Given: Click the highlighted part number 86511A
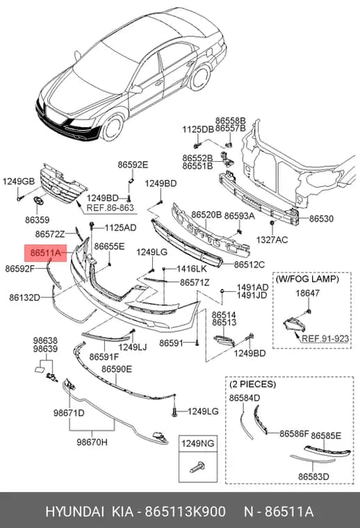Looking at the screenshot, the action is [45, 253].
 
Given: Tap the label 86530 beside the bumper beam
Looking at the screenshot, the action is [321, 219].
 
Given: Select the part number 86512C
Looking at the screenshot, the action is [249, 265].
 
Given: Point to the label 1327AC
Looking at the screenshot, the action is [272, 240].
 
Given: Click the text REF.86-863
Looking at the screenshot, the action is [110, 208].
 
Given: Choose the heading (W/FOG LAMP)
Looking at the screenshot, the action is [307, 279].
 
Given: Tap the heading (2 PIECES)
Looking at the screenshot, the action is [252, 384].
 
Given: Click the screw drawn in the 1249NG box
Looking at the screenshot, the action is [197, 467].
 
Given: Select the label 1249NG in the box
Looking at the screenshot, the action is [197, 443].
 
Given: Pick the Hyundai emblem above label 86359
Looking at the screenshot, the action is [39, 200].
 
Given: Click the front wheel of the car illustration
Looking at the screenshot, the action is [113, 128].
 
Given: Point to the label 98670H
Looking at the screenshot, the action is [92, 442].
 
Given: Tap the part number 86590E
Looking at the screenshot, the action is [117, 370].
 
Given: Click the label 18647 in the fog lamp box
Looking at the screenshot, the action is [307, 293].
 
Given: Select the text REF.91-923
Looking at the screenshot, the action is [325, 338].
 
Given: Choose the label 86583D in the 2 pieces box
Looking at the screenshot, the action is [313, 477].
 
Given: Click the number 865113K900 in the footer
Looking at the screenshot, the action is [186, 512].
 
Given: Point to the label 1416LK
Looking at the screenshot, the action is [192, 269].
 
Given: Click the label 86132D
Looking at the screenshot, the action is [24, 297].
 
